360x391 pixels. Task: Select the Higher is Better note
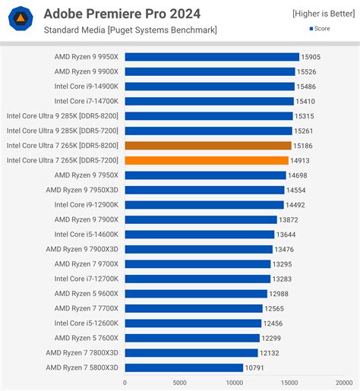click(x=322, y=13)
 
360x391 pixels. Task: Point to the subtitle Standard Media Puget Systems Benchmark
click(x=130, y=30)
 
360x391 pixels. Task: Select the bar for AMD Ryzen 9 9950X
click(x=212, y=57)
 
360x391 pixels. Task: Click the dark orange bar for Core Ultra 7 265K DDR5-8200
click(x=208, y=146)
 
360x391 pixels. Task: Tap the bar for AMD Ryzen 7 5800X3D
click(x=184, y=367)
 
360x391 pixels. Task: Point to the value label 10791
click(x=255, y=367)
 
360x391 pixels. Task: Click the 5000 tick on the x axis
click(x=179, y=383)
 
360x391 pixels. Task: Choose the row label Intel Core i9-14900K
click(x=86, y=87)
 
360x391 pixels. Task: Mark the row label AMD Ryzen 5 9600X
click(x=86, y=293)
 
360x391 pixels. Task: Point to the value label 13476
click(x=286, y=249)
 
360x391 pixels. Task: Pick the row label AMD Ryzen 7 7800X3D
click(x=82, y=352)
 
